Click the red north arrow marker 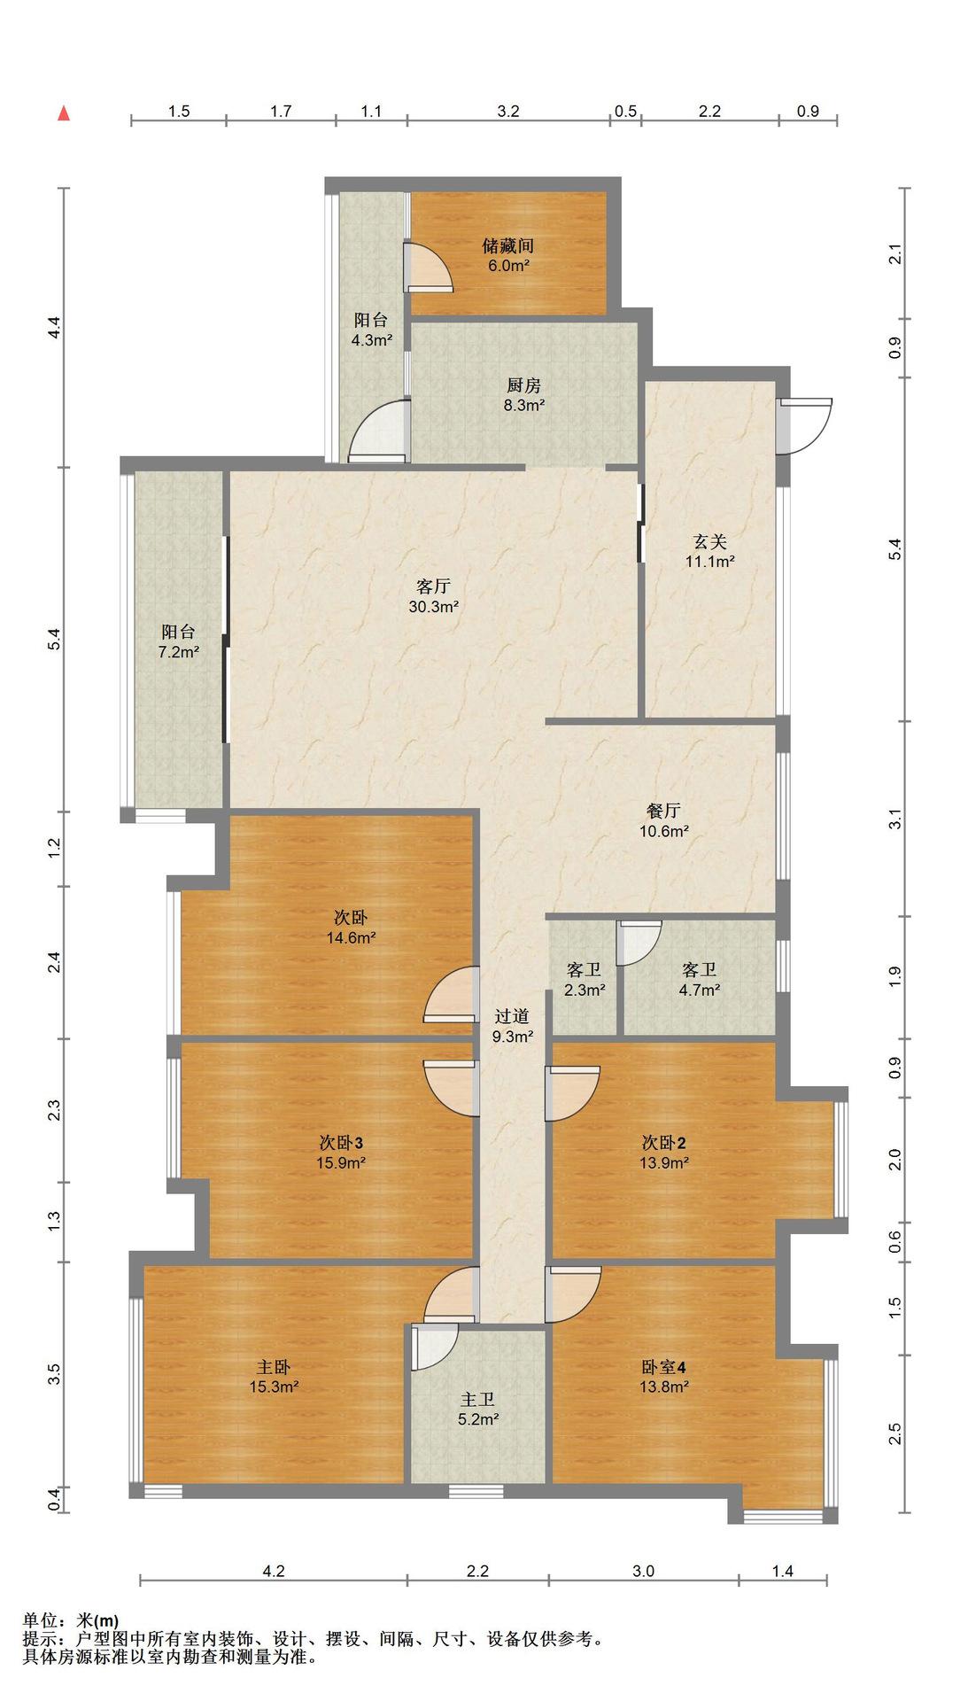(64, 113)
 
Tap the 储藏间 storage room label (507, 245)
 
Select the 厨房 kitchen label (523, 385)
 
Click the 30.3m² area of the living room (434, 607)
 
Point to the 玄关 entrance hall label (709, 540)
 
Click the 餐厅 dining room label (663, 811)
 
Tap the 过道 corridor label (512, 1017)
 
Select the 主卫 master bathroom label (477, 1400)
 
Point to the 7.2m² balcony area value (178, 652)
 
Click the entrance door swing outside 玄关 (806, 426)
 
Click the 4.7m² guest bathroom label (699, 990)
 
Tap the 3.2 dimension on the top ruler (508, 112)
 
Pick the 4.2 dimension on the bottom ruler (274, 1572)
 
